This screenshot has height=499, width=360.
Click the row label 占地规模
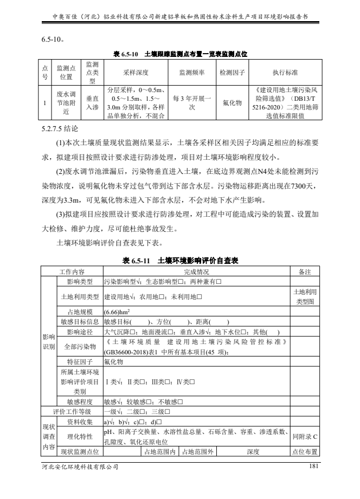coord(80,312)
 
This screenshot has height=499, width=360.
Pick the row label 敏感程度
coord(80,401)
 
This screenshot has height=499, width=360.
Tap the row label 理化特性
coord(80,436)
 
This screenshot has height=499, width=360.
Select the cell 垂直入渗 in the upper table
coord(92,103)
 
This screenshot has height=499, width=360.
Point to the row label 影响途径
coord(80,331)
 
